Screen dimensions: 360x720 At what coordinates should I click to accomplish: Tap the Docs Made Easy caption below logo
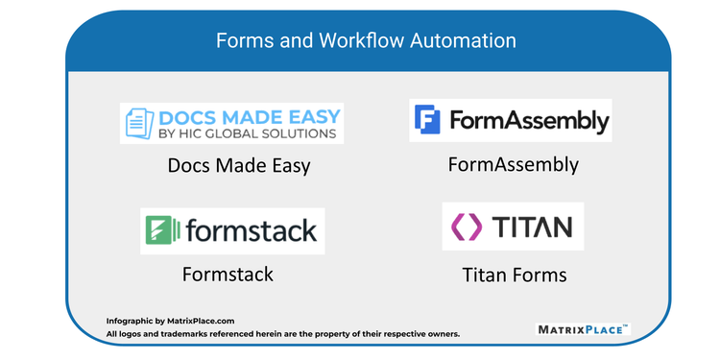tap(239, 166)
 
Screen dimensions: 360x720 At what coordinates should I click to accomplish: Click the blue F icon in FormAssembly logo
tap(428, 120)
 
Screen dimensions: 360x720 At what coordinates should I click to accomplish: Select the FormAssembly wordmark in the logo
tap(527, 121)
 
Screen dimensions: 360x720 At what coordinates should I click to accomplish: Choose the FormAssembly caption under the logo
tap(514, 164)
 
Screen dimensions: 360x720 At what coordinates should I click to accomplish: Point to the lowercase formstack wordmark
tap(249, 231)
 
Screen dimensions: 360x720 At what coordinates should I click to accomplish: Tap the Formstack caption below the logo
tap(228, 275)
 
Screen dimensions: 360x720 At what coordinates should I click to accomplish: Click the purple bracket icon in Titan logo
tap(468, 227)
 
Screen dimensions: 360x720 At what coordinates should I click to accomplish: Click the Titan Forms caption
tap(514, 276)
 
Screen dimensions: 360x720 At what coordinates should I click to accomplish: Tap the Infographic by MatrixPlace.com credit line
tap(171, 322)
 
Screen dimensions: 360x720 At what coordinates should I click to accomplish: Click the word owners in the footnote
tap(442, 334)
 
